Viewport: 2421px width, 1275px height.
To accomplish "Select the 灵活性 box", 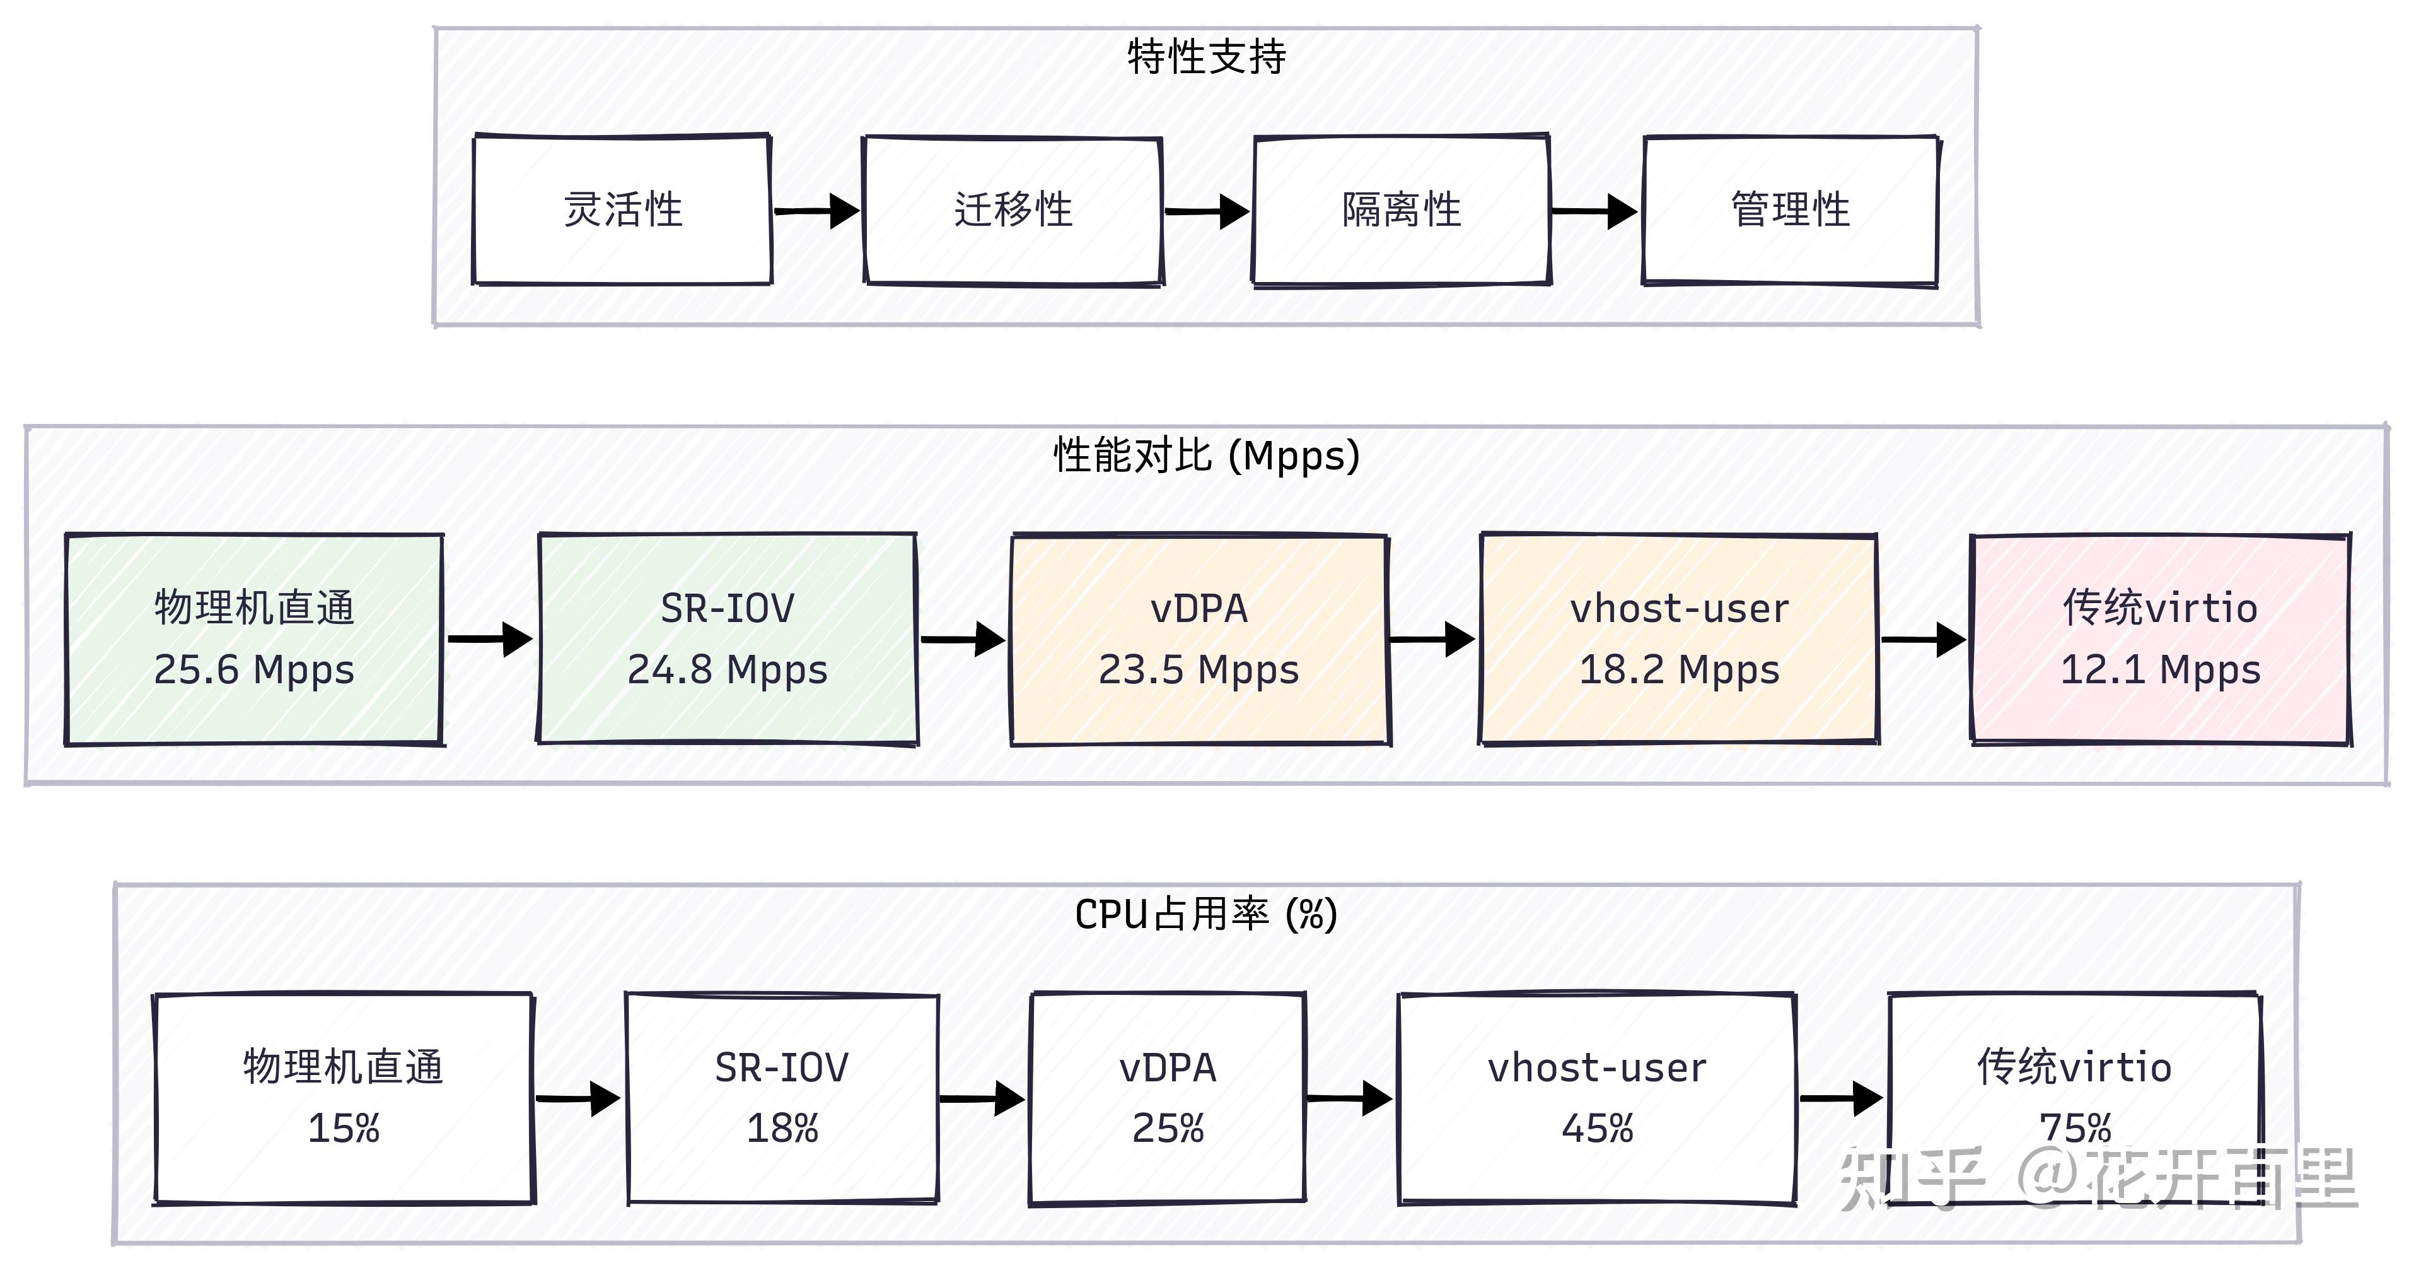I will [622, 209].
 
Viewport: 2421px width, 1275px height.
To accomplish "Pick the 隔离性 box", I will [1402, 209].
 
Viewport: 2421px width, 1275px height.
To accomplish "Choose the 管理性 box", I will [1791, 209].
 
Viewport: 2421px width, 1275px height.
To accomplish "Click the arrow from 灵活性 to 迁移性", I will [816, 211].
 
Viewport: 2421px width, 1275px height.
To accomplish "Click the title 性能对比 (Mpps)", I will [1206, 456].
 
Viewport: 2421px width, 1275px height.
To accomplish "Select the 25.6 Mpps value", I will [253, 669].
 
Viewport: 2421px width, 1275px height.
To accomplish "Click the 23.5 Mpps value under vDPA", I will [1199, 669].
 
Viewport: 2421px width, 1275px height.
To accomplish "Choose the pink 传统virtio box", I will [2160, 638].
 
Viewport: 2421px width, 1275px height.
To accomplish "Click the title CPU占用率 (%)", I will [1206, 914].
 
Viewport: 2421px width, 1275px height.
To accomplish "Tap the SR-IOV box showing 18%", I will [782, 1097].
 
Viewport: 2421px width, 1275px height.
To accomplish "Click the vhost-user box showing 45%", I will [1597, 1097].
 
